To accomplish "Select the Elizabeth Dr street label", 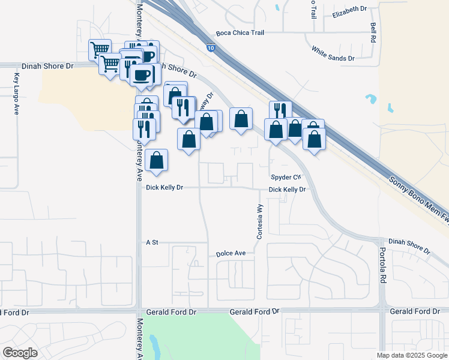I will (x=349, y=10).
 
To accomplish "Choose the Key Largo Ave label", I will (x=16, y=94).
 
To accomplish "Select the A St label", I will (x=151, y=242).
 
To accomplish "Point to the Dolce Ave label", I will (x=231, y=254).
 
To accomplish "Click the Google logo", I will (x=20, y=353).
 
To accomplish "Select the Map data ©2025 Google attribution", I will (x=412, y=355).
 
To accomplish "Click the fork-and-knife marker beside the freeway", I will (x=280, y=111).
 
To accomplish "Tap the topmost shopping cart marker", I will (x=100, y=49).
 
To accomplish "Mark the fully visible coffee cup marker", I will (x=142, y=75).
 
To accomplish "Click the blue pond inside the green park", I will (x=155, y=346).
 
